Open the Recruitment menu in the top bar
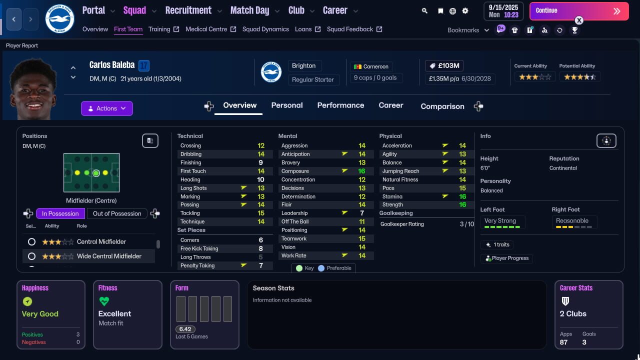188,10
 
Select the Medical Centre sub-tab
206,29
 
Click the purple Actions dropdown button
107,108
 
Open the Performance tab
340,105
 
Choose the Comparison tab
442,106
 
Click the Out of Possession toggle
117,213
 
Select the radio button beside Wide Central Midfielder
31,256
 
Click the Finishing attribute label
191,162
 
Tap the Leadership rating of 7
362,213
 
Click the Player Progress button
507,258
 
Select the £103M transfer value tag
444,66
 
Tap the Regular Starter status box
313,79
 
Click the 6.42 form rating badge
185,329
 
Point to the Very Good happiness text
40,314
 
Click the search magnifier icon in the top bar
424,10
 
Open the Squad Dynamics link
265,29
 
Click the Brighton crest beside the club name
271,72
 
